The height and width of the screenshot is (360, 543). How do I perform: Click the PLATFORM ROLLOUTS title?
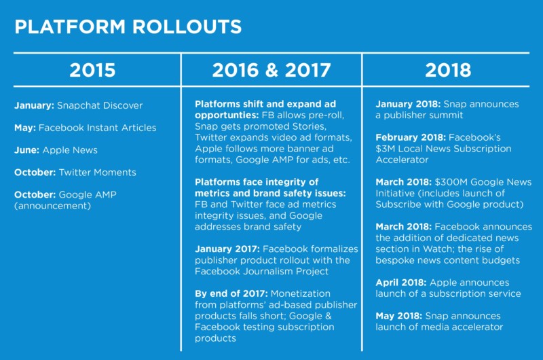(x=128, y=26)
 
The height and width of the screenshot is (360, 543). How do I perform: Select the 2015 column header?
(x=92, y=70)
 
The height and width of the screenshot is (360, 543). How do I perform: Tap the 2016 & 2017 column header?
(x=271, y=70)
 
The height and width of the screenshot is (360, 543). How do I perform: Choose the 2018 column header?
(x=448, y=70)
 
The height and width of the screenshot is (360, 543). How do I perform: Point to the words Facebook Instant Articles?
(x=97, y=128)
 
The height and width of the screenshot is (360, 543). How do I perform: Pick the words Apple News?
(x=70, y=150)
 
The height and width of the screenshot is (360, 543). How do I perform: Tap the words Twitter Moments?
(x=97, y=173)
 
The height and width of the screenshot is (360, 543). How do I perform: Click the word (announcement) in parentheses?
(x=53, y=206)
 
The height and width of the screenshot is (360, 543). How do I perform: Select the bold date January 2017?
(x=227, y=249)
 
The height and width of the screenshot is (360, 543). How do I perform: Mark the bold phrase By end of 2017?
(x=231, y=293)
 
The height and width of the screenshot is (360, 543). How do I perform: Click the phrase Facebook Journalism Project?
(x=261, y=271)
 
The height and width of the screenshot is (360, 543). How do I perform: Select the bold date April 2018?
(x=401, y=283)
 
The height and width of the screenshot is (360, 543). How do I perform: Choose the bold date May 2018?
(x=399, y=316)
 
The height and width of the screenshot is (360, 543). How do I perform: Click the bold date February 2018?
(x=411, y=138)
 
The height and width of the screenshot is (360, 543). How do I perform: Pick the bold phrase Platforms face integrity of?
(x=257, y=182)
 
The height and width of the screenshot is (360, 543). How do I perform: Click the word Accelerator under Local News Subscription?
(x=402, y=160)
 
